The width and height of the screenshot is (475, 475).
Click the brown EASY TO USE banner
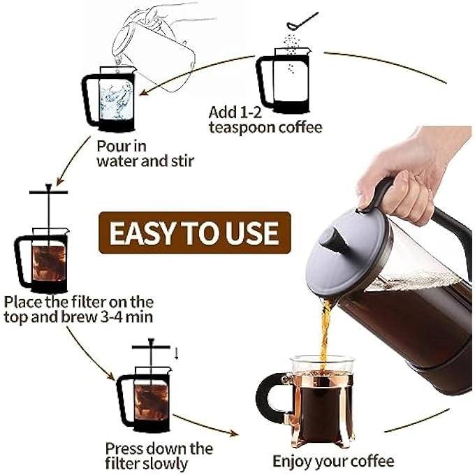pos(193,231)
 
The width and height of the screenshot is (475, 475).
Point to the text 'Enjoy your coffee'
pos(333,461)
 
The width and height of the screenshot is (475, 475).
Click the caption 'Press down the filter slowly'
pos(159,455)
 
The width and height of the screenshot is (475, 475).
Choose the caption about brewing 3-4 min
pos(78,309)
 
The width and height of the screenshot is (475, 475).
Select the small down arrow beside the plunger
pos(176,353)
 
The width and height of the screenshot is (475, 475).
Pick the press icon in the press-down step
pos(144,395)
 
